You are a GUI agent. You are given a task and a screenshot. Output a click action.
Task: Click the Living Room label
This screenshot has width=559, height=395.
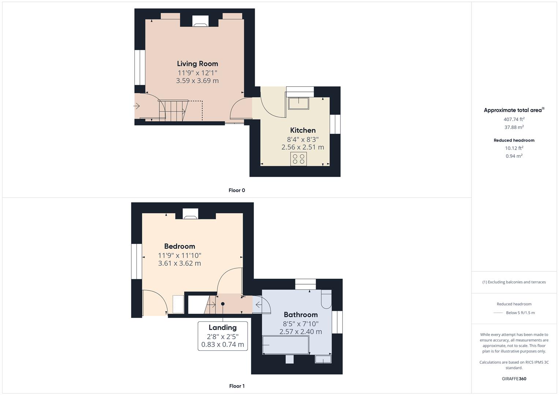tap(197, 64)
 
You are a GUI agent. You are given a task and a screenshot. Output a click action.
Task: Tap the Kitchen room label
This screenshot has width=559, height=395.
tap(303, 130)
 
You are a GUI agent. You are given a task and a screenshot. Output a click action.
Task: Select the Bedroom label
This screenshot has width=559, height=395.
tap(179, 246)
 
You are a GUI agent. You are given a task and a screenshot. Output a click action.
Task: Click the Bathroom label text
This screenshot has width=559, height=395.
tap(301, 315)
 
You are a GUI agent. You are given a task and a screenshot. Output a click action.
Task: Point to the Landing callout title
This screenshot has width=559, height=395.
tap(223, 327)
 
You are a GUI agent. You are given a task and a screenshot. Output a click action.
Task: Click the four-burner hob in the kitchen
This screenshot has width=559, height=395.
tap(299, 159)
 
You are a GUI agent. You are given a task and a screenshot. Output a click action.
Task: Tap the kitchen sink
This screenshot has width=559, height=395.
tap(298, 103)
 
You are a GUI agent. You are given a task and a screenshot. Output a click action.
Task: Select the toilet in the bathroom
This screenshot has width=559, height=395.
tap(326, 299)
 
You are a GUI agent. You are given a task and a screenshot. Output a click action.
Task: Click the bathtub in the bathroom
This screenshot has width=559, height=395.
tap(286, 345)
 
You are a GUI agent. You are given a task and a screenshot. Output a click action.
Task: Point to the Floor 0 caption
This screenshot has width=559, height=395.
tap(237, 190)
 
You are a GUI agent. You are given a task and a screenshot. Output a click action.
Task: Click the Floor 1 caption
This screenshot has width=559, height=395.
tap(237, 386)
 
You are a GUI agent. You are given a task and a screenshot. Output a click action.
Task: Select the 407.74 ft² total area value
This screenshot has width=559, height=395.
tap(514, 119)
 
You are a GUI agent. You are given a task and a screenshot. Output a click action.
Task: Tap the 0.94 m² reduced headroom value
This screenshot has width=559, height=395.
tap(514, 156)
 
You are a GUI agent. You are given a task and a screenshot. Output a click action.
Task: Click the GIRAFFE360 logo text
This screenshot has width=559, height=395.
tap(514, 379)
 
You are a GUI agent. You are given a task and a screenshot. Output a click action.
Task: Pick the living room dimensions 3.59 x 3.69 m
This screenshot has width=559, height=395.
tap(197, 81)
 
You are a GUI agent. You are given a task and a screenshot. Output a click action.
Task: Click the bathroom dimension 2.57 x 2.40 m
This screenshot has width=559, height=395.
tap(301, 332)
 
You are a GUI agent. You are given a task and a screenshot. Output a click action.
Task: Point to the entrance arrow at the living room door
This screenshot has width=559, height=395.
tap(137, 106)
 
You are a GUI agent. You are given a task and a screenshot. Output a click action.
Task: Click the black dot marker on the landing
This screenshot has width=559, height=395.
tap(223, 304)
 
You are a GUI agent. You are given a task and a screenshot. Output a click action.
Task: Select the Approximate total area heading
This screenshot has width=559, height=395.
tap(513, 110)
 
